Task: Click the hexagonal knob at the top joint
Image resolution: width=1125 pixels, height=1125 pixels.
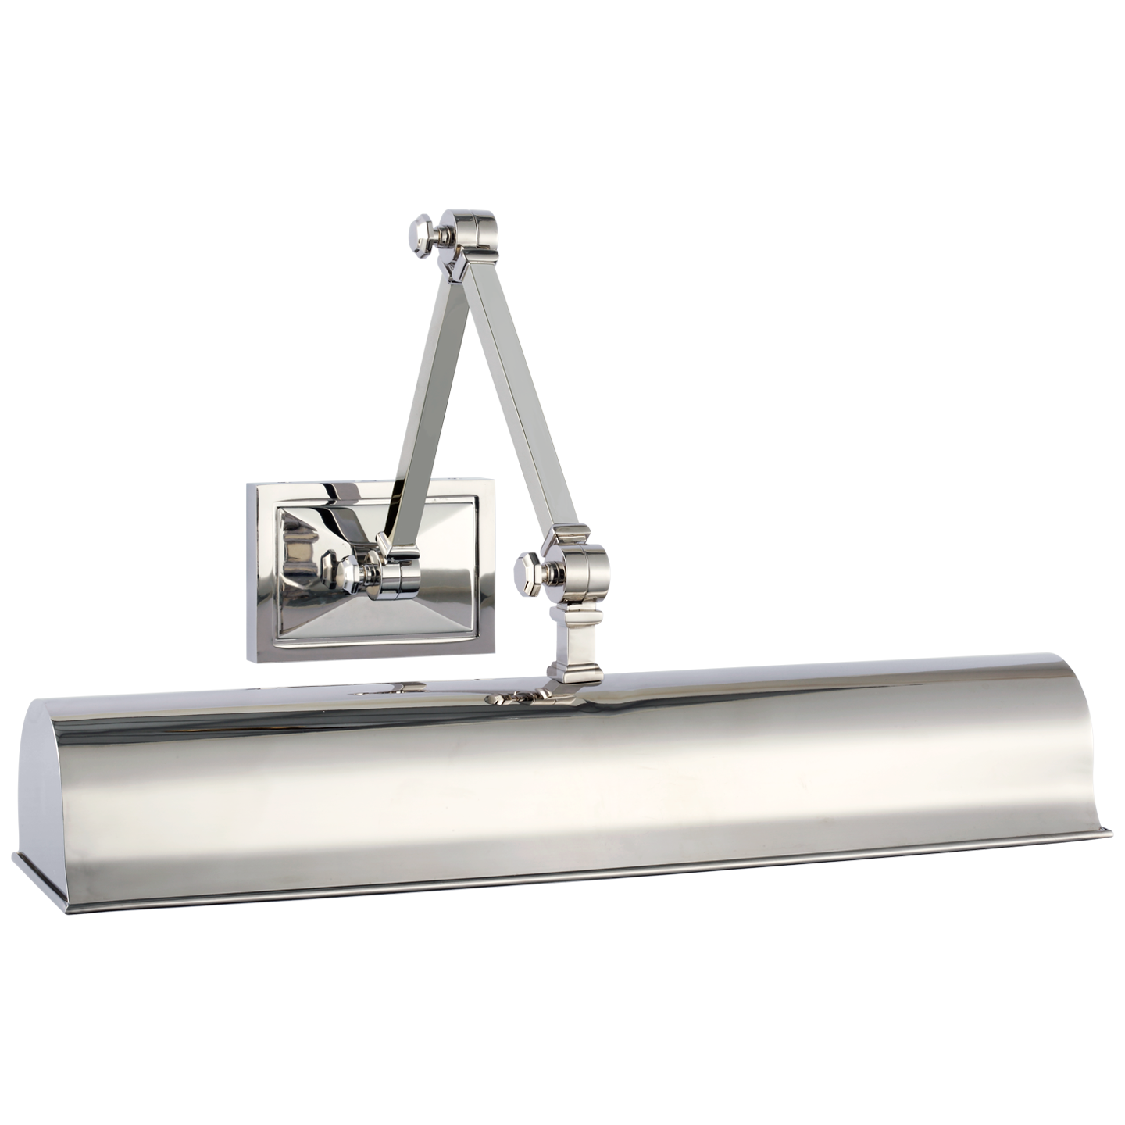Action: (x=423, y=234)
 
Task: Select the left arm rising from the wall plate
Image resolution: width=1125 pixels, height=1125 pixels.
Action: (x=426, y=391)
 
